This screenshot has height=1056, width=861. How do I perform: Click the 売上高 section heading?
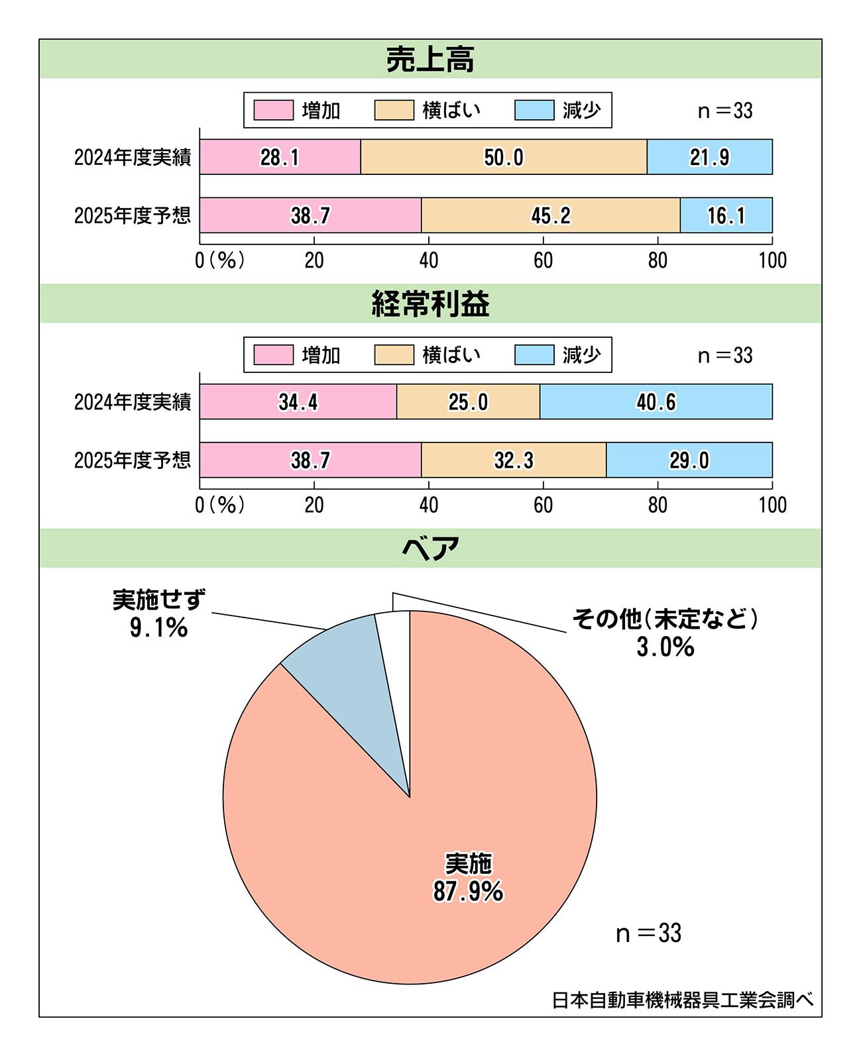(430, 60)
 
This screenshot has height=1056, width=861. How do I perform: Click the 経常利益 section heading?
(430, 304)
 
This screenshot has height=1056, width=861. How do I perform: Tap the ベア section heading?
(430, 549)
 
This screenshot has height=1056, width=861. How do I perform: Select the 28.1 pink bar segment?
(280, 157)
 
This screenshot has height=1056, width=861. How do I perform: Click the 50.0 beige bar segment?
(504, 157)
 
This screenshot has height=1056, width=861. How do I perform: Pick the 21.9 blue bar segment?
(709, 157)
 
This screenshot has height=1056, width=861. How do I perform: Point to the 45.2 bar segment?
(550, 215)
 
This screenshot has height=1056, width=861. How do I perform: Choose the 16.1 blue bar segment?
(726, 215)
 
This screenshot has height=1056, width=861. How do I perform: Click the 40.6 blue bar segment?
(656, 401)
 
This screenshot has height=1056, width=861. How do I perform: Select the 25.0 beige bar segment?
(468, 401)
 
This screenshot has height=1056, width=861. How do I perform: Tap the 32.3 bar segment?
(514, 460)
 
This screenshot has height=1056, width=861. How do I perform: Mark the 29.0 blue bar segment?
(689, 460)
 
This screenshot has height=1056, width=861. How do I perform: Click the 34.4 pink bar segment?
(298, 401)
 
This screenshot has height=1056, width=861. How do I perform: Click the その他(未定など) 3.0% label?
(665, 633)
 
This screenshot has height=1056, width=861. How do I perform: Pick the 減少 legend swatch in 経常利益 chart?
(534, 355)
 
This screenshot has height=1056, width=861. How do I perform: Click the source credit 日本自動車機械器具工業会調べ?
(683, 1000)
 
